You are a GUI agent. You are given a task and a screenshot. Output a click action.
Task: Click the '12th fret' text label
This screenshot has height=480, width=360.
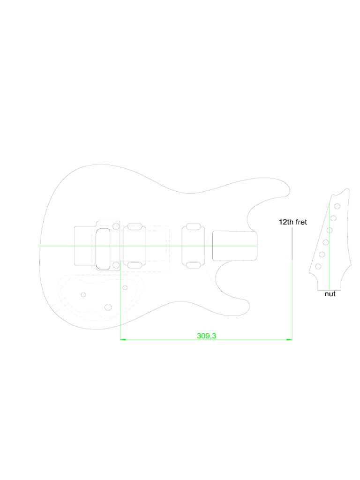pyautogui.click(x=292, y=222)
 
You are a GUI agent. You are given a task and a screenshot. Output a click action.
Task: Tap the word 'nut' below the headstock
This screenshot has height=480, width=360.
pyautogui.click(x=330, y=294)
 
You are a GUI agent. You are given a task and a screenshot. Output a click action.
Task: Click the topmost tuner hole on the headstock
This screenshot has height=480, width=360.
pyautogui.click(x=337, y=206)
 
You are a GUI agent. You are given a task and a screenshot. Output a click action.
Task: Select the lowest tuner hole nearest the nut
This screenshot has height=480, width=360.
pyautogui.click(x=318, y=266)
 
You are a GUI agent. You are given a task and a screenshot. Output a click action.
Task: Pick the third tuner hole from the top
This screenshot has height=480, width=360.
pyautogui.click(x=330, y=230)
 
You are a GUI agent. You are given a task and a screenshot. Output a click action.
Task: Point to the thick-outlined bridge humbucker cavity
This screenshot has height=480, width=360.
pyautogui.click(x=103, y=248)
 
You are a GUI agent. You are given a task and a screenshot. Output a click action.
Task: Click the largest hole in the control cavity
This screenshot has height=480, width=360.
pyautogui.click(x=108, y=307)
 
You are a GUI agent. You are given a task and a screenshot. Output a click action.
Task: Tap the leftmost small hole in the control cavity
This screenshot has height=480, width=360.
pyautogui.click(x=83, y=294)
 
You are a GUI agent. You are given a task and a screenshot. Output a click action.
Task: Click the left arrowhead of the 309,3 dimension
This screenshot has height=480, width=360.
pyautogui.click(x=122, y=339)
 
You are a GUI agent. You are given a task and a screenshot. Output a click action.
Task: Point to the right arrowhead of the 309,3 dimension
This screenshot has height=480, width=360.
pyautogui.click(x=291, y=339)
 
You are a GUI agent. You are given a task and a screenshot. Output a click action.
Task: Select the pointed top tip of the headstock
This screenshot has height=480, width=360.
pyautogui.click(x=348, y=189)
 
